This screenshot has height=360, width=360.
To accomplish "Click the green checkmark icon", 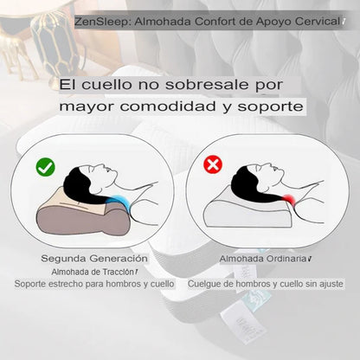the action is point(45,167).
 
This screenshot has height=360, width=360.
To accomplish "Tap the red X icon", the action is point(213,164).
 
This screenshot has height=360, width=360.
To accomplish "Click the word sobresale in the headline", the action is point(207,85).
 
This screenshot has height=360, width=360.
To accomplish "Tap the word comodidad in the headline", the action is point(168,106).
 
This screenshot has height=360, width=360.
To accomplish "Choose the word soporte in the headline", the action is point(270,107).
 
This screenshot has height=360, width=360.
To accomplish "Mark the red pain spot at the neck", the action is point(289,200).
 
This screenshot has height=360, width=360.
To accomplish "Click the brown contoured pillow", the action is point(83,215).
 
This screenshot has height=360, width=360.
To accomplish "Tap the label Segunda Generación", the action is point(94,259).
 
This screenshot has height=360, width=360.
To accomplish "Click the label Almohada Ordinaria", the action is point(263,259).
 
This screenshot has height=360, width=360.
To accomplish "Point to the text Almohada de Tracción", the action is point(93,272).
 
